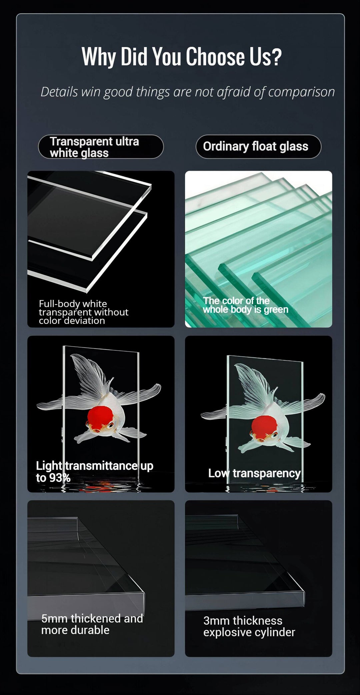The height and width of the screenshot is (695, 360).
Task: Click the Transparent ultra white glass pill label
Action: (101, 147)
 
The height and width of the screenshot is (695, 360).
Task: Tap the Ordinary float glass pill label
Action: (258, 147)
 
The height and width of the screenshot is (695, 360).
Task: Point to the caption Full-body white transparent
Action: (83, 308)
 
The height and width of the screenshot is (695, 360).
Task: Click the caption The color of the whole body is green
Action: (245, 305)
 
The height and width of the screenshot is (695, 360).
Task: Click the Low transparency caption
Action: (255, 473)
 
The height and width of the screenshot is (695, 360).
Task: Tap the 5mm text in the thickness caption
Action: (54, 619)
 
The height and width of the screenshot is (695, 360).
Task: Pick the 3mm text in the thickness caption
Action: (216, 621)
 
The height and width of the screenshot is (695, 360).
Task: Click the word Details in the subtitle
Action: (59, 92)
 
